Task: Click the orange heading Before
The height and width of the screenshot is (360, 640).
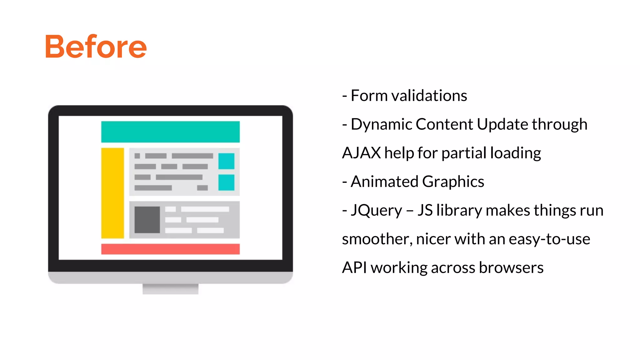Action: pos(96,47)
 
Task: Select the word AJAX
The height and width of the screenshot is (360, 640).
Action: pos(361,153)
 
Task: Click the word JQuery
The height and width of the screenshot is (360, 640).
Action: pos(376,210)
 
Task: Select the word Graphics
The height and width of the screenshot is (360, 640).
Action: pos(453,182)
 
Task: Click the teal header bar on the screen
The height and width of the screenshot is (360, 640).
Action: pos(170,132)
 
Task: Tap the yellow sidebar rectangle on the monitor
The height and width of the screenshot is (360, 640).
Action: pos(112,193)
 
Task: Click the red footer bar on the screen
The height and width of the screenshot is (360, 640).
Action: pos(170,249)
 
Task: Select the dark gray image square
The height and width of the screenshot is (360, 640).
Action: pos(147,220)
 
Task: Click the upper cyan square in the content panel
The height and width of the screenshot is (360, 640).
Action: pos(226,161)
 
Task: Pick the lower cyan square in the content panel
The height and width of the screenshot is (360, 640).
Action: pos(226,182)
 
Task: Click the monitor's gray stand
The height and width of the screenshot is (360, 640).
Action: pos(170,289)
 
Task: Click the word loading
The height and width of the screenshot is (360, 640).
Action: pos(515,153)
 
